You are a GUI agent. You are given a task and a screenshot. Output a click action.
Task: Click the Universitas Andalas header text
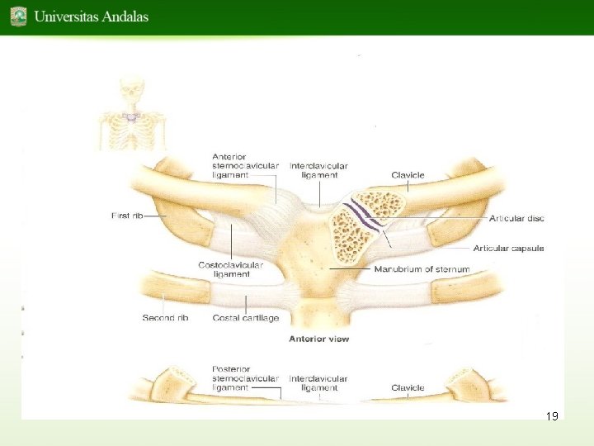91,16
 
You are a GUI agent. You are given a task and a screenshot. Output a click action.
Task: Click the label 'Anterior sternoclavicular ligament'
245,166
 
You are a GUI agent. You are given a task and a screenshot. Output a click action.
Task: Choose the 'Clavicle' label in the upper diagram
408,175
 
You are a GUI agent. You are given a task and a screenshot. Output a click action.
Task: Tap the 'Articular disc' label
516,218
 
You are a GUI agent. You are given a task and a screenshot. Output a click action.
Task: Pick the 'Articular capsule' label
508,249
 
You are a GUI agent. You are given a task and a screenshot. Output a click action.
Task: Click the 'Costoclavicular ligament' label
230,269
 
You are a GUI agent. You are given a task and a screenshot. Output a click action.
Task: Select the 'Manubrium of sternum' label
422,269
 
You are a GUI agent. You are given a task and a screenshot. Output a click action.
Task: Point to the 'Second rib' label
165,318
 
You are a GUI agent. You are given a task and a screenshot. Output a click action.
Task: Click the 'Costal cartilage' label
245,318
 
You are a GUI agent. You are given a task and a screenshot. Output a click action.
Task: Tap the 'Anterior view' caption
318,339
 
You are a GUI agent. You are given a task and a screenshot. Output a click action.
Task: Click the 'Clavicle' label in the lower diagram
408,387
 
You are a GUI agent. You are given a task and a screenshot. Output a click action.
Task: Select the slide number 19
552,416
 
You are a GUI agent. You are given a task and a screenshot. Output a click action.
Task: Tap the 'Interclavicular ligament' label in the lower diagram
318,383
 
